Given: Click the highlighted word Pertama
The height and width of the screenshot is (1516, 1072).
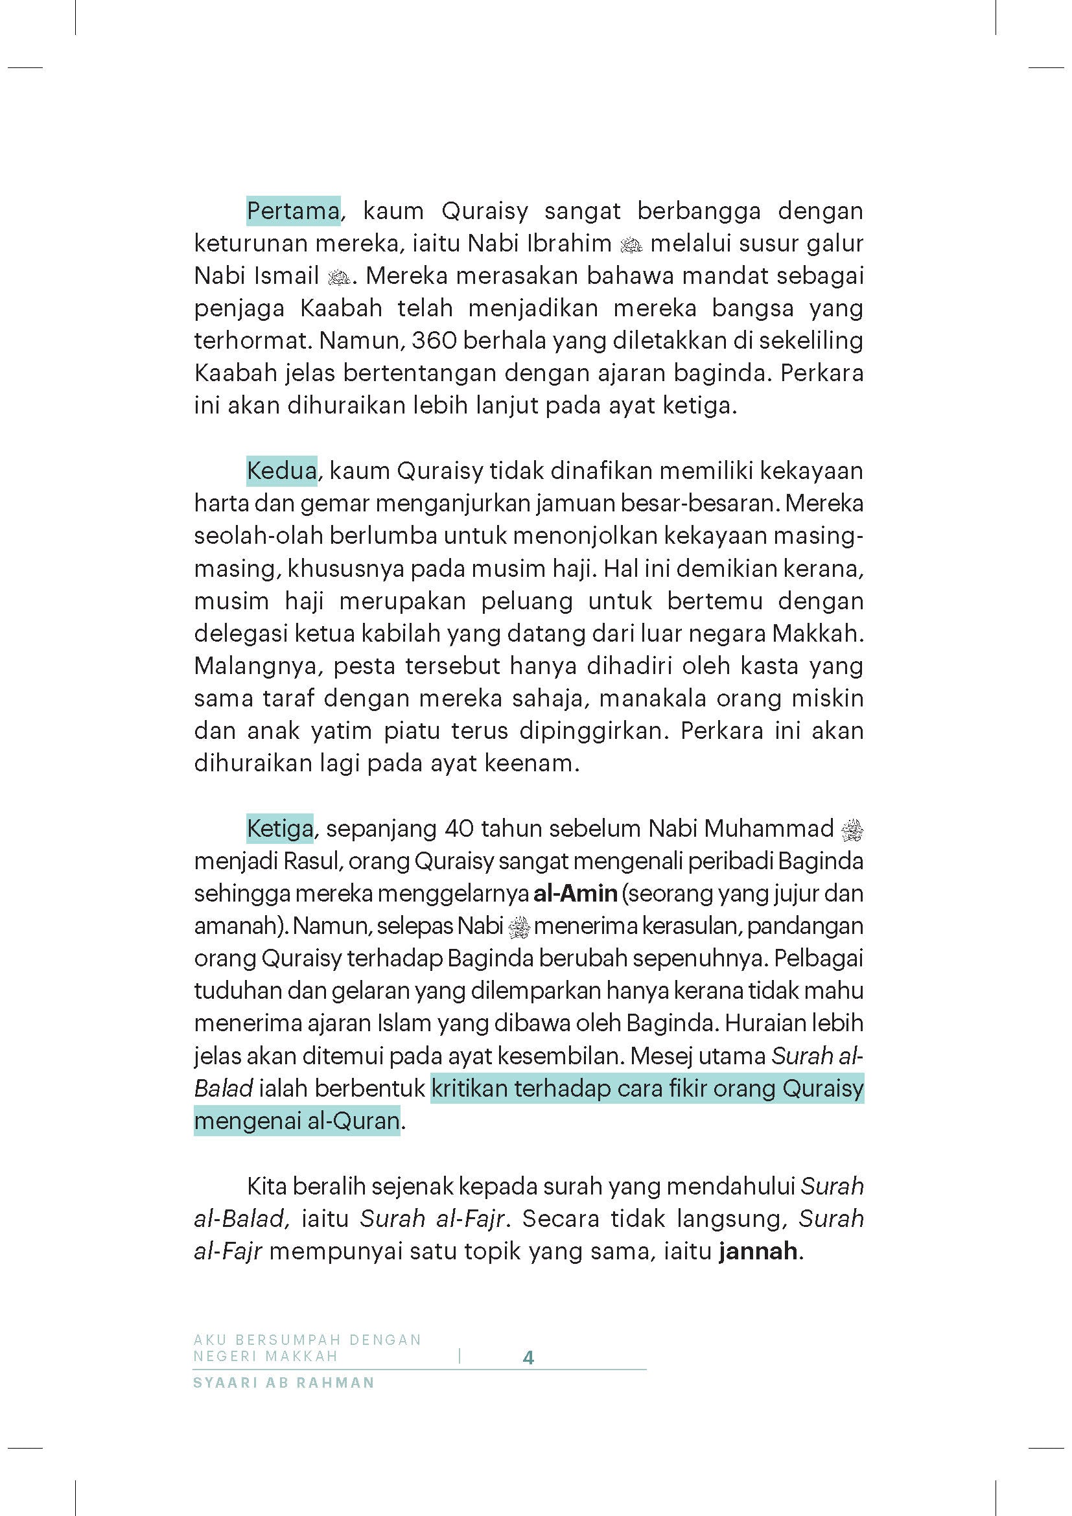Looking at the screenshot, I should tap(293, 211).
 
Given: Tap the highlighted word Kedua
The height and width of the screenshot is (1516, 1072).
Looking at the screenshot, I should tap(282, 471).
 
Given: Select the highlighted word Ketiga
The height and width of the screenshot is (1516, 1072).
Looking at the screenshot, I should tap(280, 828).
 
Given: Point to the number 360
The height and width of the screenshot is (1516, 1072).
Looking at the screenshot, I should tap(434, 341).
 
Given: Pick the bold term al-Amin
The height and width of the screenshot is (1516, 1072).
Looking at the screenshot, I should tap(575, 893).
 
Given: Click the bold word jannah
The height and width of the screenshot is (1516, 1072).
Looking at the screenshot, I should tap(758, 1251).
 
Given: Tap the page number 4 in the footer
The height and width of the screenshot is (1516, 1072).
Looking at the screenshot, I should tap(528, 1358).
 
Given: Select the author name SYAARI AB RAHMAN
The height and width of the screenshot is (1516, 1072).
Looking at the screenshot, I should tap(284, 1382).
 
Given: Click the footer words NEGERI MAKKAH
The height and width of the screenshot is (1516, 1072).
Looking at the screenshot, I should tap(265, 1356).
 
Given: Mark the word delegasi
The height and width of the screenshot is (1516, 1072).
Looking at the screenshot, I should tap(240, 633).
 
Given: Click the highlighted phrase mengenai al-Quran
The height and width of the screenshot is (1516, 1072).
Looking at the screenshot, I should tap(297, 1121).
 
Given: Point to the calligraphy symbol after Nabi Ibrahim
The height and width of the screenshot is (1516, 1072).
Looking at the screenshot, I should tap(632, 245).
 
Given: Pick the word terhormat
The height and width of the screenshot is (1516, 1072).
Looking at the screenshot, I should tap(253, 341).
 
